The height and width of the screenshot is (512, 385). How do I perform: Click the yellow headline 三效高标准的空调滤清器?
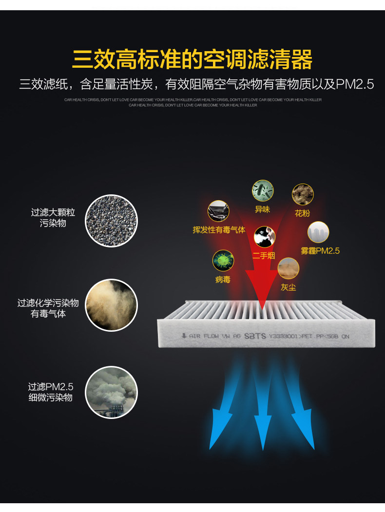[x=192, y=59]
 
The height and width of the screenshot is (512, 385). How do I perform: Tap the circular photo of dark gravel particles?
[x=111, y=221]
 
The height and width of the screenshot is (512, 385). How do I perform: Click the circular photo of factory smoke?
[x=111, y=393]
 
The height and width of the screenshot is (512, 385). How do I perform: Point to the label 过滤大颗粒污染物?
[x=53, y=218]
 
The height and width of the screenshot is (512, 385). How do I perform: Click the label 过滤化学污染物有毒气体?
[x=48, y=308]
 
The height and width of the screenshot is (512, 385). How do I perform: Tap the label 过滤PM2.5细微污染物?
[x=50, y=392]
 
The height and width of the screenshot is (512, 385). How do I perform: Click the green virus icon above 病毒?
[x=223, y=261]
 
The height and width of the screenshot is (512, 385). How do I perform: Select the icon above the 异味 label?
[x=262, y=191]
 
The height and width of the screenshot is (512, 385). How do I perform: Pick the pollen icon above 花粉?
[x=303, y=194]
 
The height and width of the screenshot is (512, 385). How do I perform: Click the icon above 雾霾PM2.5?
[x=318, y=232]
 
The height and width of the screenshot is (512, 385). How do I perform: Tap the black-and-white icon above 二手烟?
[x=265, y=237]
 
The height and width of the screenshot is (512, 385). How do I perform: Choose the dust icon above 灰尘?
[x=288, y=268]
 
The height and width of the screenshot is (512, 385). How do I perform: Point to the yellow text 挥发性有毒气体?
[x=219, y=230]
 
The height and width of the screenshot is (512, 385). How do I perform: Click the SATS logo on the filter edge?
[x=255, y=336]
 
